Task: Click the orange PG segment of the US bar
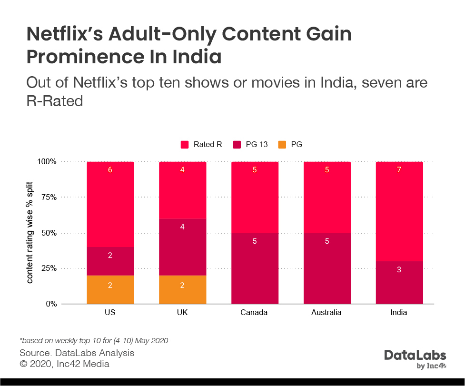point(110,289)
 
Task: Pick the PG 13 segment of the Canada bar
point(255,269)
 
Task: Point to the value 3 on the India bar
point(399,270)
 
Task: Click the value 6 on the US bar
point(110,170)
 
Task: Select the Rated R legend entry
point(202,145)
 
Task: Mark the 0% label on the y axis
point(50,304)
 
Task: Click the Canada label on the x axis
point(255,313)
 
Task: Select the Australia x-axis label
point(327,313)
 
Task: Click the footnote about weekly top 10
point(94,341)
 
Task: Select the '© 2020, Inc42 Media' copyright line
point(64,364)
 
